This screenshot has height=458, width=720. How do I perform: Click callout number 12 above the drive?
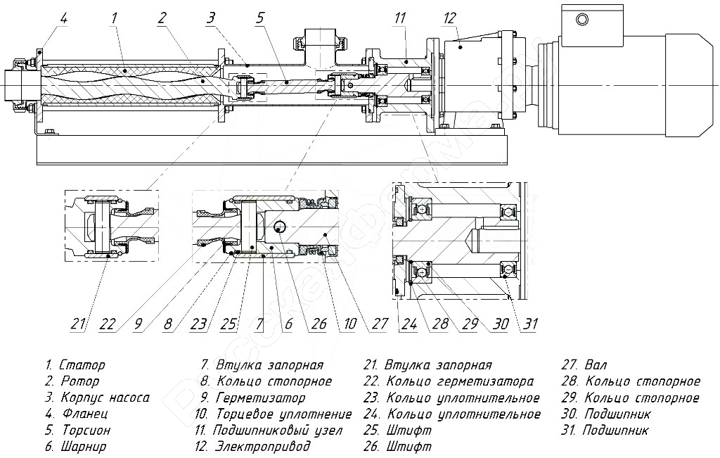[x=450, y=18]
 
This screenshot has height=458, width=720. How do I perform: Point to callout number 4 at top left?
[x=63, y=19]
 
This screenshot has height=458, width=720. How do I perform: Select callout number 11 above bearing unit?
[x=400, y=18]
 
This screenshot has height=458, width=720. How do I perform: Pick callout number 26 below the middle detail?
[x=319, y=324]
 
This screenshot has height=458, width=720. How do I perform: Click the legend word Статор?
[x=82, y=365]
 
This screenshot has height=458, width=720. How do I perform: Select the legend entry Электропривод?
[x=264, y=446]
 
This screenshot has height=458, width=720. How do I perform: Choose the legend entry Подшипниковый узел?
[x=278, y=430]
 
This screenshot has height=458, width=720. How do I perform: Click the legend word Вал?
[x=595, y=365]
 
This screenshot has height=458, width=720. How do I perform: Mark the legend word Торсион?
[x=85, y=430]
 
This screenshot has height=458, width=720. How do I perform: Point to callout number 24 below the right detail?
[x=407, y=324]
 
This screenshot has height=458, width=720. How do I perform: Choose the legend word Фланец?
[x=82, y=414]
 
